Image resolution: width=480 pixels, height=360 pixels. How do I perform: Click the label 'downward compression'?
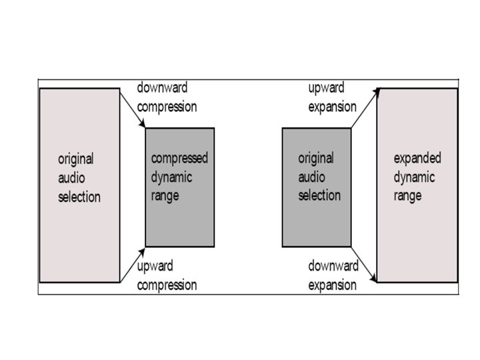(167, 97)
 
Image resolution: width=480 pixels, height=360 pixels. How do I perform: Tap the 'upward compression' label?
(167, 275)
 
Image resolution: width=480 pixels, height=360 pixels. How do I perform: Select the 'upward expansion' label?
(332, 97)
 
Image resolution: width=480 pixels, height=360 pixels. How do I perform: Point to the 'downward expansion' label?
(333, 275)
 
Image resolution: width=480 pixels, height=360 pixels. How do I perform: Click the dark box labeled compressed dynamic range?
(180, 187)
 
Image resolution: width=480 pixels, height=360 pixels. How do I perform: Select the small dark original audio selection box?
(317, 187)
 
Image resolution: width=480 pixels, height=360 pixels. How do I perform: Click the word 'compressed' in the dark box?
(180, 159)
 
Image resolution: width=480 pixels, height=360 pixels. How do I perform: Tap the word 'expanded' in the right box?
(417, 159)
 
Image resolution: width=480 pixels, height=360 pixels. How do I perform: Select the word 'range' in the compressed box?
(165, 196)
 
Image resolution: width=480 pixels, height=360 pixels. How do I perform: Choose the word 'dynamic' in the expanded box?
(414, 177)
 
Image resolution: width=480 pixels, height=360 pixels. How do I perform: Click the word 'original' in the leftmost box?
(76, 159)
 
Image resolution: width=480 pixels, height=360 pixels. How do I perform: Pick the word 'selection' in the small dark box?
(319, 195)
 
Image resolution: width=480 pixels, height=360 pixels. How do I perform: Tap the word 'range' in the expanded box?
(407, 197)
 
